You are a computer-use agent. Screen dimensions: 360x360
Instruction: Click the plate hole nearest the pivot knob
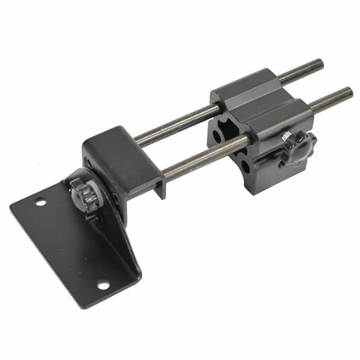point(41,201)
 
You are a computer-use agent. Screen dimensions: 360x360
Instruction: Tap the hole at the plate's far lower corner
point(103,285)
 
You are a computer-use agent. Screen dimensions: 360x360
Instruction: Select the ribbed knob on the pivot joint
point(84,196)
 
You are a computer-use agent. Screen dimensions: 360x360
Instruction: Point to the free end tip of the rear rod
point(319,64)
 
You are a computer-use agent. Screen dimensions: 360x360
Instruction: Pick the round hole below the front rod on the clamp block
point(245,165)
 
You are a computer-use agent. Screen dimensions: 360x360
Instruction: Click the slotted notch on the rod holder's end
point(159,186)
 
